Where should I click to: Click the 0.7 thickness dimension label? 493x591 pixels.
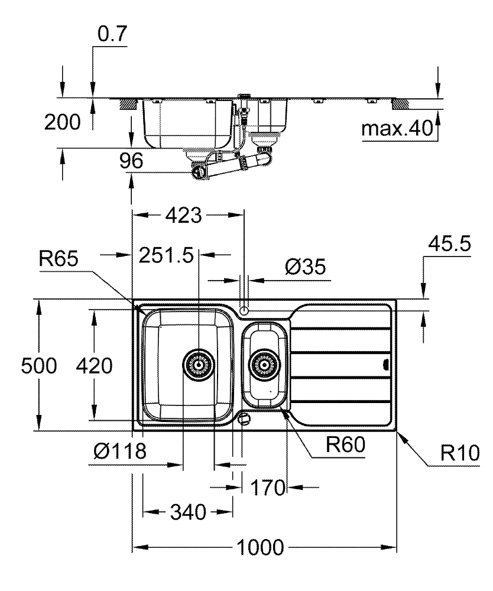[112, 34]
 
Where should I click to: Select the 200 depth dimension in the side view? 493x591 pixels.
[63, 122]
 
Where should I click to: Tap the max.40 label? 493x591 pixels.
[397, 128]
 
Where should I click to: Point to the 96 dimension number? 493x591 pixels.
[131, 161]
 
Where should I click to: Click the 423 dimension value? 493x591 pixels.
[184, 216]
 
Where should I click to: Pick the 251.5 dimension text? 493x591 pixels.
[166, 255]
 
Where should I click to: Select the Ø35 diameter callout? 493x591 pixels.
[305, 267]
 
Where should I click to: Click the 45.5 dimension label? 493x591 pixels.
[449, 243]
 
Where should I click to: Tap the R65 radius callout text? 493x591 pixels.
[59, 259]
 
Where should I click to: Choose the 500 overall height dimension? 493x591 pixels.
[39, 366]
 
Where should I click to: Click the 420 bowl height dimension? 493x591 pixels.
[94, 366]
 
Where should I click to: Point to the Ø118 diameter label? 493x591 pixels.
[120, 451]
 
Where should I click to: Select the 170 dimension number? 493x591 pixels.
[268, 488]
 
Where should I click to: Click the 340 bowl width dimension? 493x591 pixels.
[188, 512]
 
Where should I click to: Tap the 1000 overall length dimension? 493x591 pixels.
[260, 548]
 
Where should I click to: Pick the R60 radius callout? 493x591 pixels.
[345, 445]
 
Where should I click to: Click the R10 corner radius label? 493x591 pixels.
[460, 453]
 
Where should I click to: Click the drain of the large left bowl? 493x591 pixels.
[199, 365]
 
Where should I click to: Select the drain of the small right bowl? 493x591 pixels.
[264, 365]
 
